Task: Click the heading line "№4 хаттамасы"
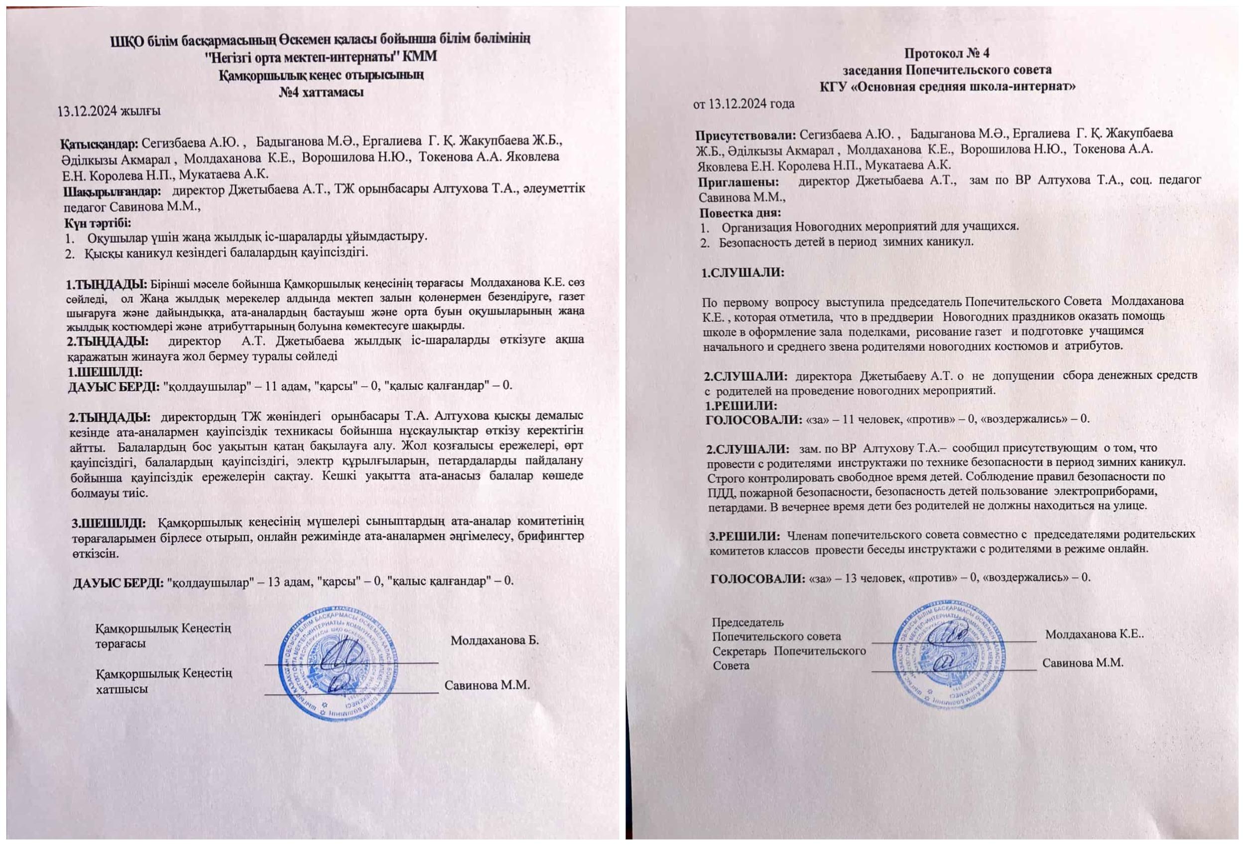321,92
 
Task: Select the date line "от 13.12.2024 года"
744,104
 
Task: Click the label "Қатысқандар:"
100,143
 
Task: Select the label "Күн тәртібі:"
98,221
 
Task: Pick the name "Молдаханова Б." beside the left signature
495,640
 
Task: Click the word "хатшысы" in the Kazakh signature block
122,689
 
